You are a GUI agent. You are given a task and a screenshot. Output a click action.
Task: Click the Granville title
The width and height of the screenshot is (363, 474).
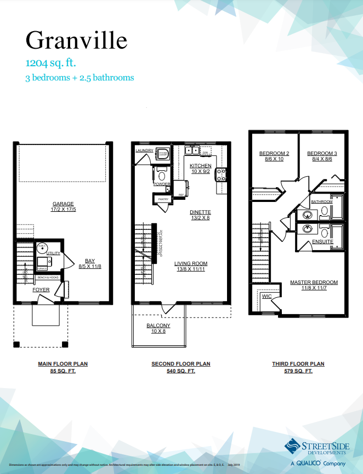click(x=76, y=40)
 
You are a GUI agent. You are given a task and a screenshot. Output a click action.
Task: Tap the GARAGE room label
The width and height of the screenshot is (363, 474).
click(x=63, y=203)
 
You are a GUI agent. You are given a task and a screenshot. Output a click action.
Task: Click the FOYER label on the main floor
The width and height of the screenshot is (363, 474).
click(x=41, y=290)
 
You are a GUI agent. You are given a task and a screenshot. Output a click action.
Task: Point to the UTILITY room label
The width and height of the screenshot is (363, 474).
click(x=53, y=253)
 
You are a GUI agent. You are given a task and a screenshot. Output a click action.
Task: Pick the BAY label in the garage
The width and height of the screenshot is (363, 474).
click(x=89, y=261)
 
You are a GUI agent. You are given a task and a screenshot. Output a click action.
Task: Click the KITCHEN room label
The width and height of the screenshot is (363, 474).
click(x=200, y=166)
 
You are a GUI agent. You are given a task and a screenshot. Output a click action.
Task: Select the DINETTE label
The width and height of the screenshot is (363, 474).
click(x=200, y=212)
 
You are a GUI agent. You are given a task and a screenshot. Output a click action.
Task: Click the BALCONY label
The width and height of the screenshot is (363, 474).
click(x=158, y=326)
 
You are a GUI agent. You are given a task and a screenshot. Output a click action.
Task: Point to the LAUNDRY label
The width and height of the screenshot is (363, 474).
click(x=144, y=150)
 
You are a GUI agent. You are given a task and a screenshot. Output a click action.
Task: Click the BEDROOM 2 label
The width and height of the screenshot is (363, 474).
click(x=274, y=153)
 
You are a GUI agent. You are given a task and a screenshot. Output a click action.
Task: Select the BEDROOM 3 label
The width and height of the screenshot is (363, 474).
click(x=322, y=153)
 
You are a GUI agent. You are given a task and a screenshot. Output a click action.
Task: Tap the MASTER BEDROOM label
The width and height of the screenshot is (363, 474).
click(x=314, y=282)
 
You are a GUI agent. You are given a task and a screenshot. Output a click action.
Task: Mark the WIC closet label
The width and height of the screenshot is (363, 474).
click(x=267, y=296)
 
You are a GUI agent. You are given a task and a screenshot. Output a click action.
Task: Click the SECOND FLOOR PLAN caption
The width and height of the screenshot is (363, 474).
click(x=180, y=364)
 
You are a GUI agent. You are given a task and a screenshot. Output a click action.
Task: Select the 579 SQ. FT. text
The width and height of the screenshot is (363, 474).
click(x=298, y=371)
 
